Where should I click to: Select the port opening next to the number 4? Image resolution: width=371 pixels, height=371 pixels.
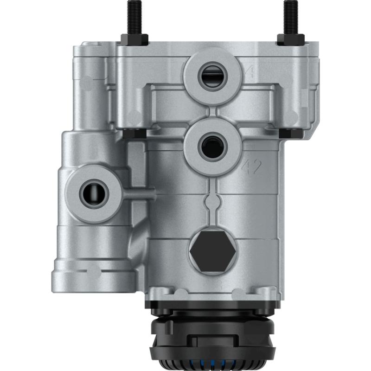(x=212, y=75)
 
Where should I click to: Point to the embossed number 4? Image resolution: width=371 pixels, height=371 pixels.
(x=250, y=72)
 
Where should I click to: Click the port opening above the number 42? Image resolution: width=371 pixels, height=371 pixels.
(x=212, y=147)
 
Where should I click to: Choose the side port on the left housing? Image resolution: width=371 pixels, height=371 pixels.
(x=94, y=194)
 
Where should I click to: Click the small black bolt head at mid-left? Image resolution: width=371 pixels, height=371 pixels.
(x=134, y=133)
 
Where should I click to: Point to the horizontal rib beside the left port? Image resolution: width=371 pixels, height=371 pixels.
(x=139, y=192)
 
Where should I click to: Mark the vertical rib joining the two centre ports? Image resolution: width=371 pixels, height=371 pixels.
(x=212, y=112)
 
